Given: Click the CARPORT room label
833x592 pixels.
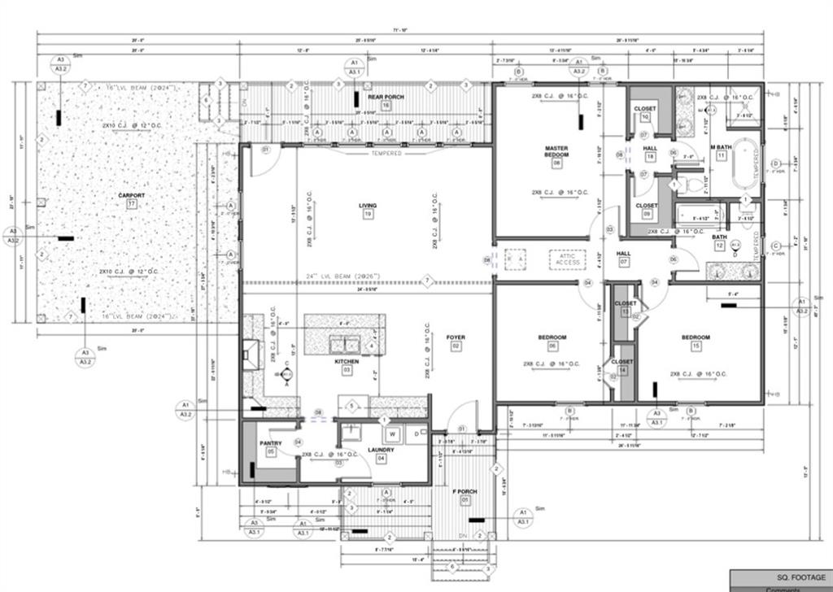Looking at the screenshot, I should [131, 195].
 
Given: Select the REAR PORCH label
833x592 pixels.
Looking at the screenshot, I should [385, 97].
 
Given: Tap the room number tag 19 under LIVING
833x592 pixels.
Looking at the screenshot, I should [368, 215].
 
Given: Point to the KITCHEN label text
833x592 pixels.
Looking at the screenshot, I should [347, 360].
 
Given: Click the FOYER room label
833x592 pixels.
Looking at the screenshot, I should [456, 337].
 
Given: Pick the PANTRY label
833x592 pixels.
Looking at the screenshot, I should [270, 443].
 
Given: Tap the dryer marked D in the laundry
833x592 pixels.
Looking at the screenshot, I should [417, 434].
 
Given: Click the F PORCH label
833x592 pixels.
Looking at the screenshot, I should [465, 490].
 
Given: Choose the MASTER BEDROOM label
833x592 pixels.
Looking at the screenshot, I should [556, 152].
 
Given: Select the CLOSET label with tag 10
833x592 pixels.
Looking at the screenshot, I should [645, 108].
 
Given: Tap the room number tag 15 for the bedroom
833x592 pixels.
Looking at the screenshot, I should [696, 346].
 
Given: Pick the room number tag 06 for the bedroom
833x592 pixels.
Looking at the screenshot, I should [552, 346].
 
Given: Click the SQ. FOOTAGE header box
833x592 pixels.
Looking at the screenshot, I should [780, 577].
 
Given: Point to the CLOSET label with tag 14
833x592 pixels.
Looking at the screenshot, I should [622, 361].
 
